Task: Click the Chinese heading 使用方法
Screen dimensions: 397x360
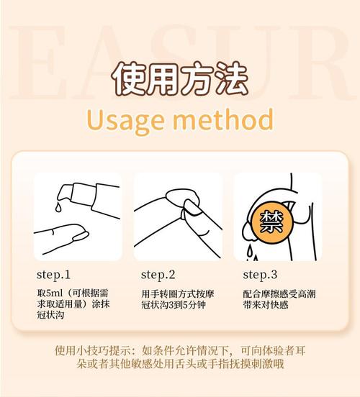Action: click(x=180, y=77)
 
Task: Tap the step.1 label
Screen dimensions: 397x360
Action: click(x=53, y=275)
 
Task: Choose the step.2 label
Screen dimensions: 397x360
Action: click(x=158, y=275)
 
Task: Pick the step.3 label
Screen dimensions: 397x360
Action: click(x=260, y=275)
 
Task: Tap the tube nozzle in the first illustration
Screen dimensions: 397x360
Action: click(x=66, y=191)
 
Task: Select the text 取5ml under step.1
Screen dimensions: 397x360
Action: click(x=50, y=293)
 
